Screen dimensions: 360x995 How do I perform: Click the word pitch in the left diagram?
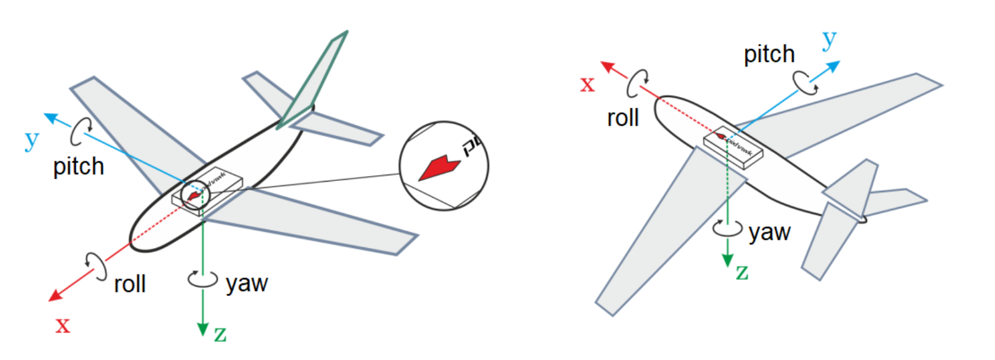tap(78, 167)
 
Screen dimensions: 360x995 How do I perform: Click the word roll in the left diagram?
tap(129, 284)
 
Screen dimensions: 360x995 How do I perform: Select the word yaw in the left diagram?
tap(247, 284)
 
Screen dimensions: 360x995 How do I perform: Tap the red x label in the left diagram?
tap(63, 325)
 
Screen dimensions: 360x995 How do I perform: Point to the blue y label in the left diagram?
tap(31, 141)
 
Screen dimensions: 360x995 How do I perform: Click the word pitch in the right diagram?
tap(769, 55)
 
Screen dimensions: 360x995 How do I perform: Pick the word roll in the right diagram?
tap(623, 118)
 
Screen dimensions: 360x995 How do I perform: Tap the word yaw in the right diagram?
tap(769, 233)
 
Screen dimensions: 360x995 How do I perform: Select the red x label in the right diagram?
tap(587, 84)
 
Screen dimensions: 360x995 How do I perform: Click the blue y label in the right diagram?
tap(829, 40)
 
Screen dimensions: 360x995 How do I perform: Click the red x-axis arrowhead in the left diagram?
tap(55, 295)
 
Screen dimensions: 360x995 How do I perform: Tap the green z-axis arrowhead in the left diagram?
tap(203, 329)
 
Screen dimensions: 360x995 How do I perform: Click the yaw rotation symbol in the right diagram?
tap(727, 229)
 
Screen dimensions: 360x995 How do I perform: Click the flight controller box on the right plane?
tap(733, 147)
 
